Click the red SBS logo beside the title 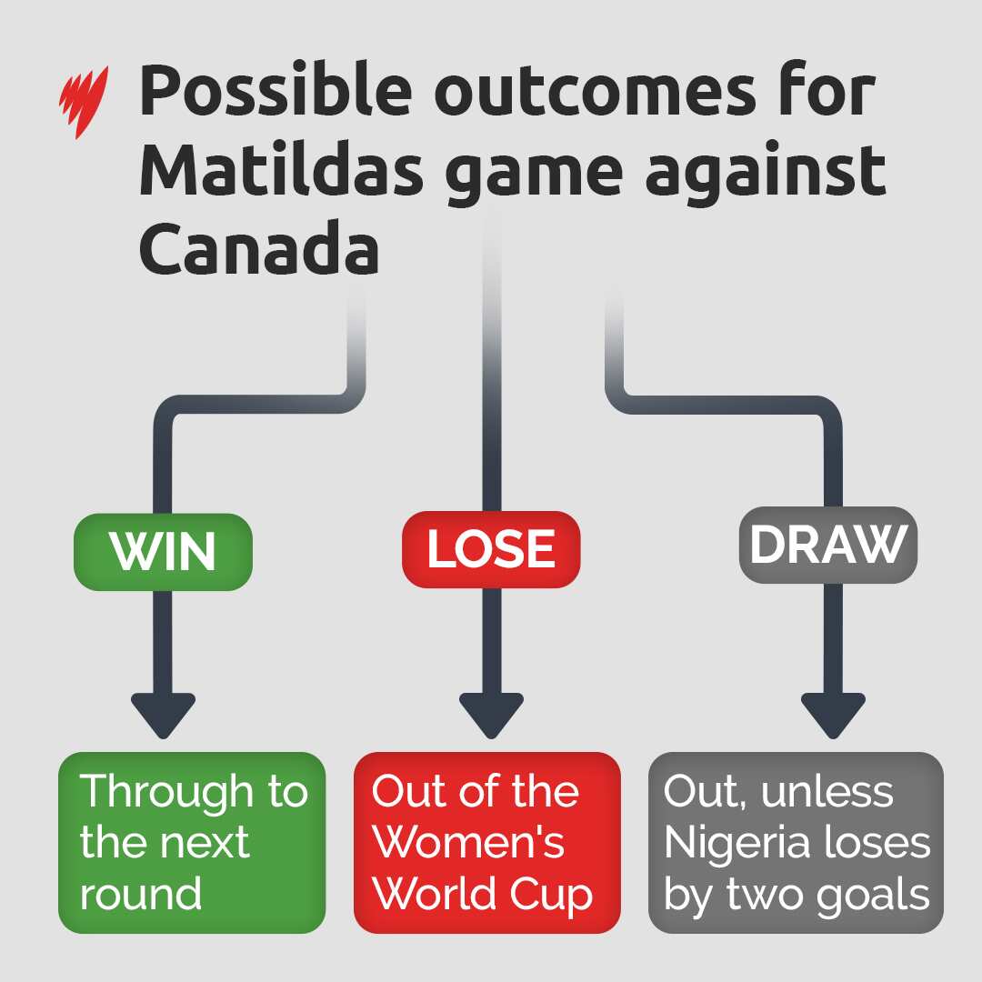pyautogui.click(x=84, y=101)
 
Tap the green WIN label pyautogui.click(x=163, y=551)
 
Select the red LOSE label pyautogui.click(x=491, y=548)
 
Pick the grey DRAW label pyautogui.click(x=827, y=544)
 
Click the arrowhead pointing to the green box pyautogui.click(x=163, y=715)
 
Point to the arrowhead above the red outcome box pyautogui.click(x=491, y=715)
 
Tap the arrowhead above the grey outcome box pyautogui.click(x=833, y=715)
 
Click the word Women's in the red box pyautogui.click(x=469, y=844)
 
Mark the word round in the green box pyautogui.click(x=140, y=895)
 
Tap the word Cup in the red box pyautogui.click(x=554, y=897)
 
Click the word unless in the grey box pyautogui.click(x=827, y=792)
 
